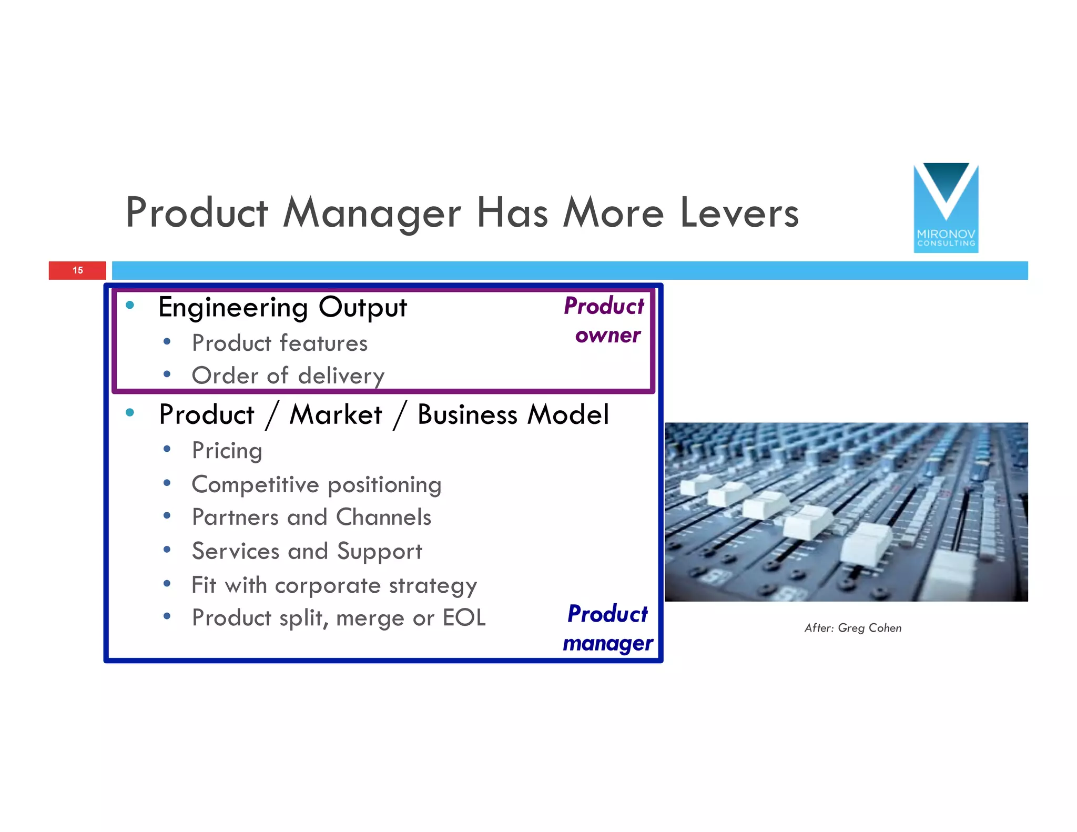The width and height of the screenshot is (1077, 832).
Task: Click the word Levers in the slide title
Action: click(739, 213)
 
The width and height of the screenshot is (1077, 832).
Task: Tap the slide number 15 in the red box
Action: click(78, 270)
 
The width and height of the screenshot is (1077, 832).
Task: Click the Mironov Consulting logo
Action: click(946, 208)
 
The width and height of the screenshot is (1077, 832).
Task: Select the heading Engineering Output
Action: click(282, 308)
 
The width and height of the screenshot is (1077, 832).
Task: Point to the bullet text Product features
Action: click(279, 343)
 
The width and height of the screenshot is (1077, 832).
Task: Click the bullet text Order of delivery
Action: click(288, 376)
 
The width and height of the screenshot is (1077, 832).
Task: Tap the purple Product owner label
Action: click(606, 320)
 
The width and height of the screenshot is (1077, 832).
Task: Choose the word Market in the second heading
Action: click(336, 414)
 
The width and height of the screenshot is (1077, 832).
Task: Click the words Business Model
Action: click(513, 414)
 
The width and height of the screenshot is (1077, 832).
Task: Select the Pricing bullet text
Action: click(227, 451)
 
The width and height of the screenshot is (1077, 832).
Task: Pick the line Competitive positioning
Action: click(316, 485)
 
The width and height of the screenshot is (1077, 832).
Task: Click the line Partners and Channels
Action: click(311, 518)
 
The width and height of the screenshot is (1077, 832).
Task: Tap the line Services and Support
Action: click(307, 551)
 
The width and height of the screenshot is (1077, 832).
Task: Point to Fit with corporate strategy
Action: click(334, 585)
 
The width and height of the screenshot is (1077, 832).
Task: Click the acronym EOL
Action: click(464, 618)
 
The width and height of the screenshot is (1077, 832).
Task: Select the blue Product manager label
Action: click(608, 628)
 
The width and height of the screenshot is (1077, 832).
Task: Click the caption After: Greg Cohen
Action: click(852, 628)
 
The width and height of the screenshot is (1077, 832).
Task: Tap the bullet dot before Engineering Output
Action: click(130, 305)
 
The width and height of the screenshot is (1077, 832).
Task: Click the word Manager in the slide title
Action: click(372, 213)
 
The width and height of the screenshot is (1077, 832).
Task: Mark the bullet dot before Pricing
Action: click(167, 449)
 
